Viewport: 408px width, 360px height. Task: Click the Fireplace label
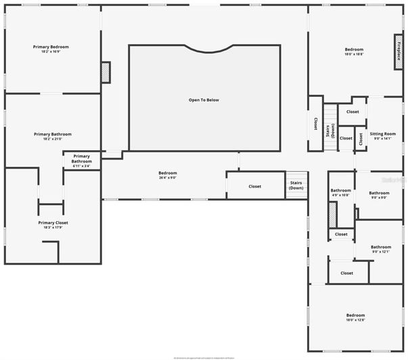click(399, 52)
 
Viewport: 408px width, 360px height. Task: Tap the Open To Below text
click(204, 100)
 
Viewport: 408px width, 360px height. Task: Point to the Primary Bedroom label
click(51, 47)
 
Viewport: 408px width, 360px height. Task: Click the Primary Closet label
click(53, 223)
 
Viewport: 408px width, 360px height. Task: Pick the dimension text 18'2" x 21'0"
click(52, 139)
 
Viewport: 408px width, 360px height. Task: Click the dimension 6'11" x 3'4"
click(82, 166)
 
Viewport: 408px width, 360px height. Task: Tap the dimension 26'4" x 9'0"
click(168, 178)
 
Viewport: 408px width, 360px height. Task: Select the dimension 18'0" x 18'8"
click(354, 55)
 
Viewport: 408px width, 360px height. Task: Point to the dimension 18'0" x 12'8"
click(355, 320)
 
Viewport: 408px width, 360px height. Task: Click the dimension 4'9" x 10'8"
click(340, 195)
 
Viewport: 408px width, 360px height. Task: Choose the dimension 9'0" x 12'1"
click(381, 252)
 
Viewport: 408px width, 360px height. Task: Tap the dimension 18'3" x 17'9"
click(53, 227)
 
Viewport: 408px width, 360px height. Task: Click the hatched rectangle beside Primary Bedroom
click(106, 72)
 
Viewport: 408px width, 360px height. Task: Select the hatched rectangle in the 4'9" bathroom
click(332, 216)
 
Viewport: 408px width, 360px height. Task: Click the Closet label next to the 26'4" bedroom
click(254, 186)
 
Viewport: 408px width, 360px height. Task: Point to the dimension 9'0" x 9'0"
click(379, 198)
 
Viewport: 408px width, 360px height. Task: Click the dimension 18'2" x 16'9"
click(51, 51)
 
